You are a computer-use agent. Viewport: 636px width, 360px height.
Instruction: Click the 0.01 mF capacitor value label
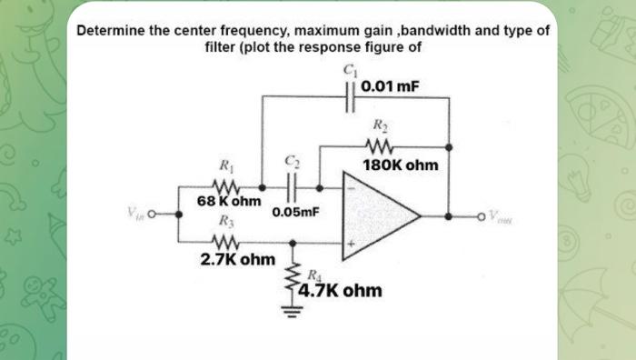coord(390,87)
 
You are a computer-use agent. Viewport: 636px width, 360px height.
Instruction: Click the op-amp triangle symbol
coord(377,216)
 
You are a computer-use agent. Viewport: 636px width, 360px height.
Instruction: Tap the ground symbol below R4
coord(293,314)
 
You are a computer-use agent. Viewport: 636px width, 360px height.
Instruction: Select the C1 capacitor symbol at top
coord(350,92)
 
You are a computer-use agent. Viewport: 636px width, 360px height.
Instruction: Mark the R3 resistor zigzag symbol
coord(224,243)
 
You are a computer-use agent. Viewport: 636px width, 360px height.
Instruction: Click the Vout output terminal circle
coord(483,216)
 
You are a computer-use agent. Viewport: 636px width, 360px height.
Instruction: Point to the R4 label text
coord(312,275)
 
